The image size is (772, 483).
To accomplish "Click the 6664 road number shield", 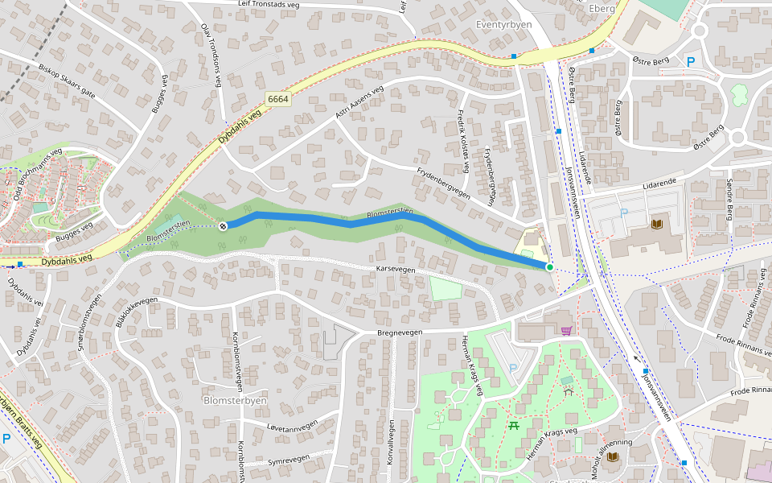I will tap(278, 99).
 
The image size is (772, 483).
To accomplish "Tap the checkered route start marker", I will tap(223, 225).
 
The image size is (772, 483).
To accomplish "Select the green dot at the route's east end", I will tap(550, 266).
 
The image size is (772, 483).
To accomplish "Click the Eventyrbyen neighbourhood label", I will tap(504, 25).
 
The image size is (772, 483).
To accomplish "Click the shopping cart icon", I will tap(566, 330).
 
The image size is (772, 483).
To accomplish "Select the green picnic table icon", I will tap(513, 426).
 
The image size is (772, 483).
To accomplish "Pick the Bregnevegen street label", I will tap(400, 332).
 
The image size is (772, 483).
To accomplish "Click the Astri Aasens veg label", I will tap(359, 102).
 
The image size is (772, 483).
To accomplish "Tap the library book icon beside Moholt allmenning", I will tap(613, 456).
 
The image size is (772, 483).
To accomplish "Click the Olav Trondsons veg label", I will tap(211, 53).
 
